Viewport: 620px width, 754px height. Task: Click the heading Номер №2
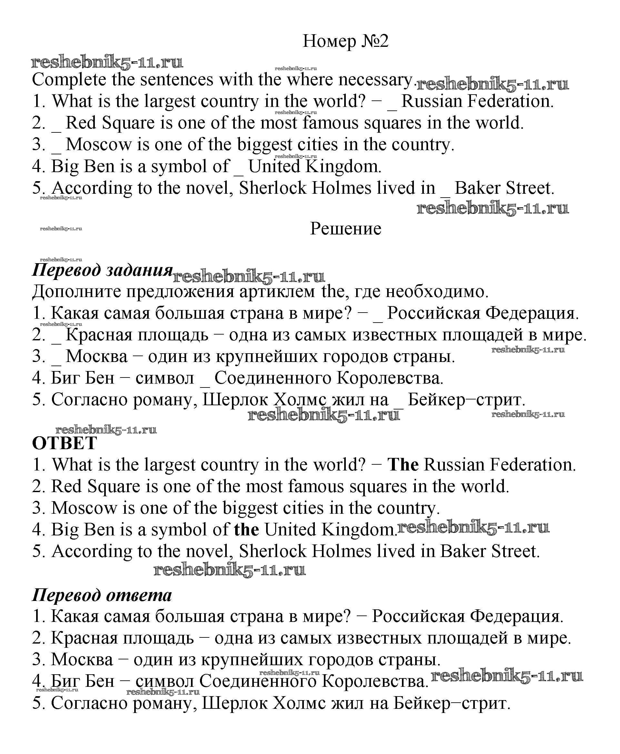pos(345,41)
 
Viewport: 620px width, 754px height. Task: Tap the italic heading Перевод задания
pos(103,270)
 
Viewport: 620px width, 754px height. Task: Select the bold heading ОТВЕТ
pos(64,443)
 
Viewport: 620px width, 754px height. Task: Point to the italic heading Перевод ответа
pos(102,595)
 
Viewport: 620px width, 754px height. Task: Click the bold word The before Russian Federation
pos(403,465)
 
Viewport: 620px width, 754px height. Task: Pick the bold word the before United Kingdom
pos(246,530)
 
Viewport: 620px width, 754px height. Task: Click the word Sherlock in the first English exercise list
pos(273,188)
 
